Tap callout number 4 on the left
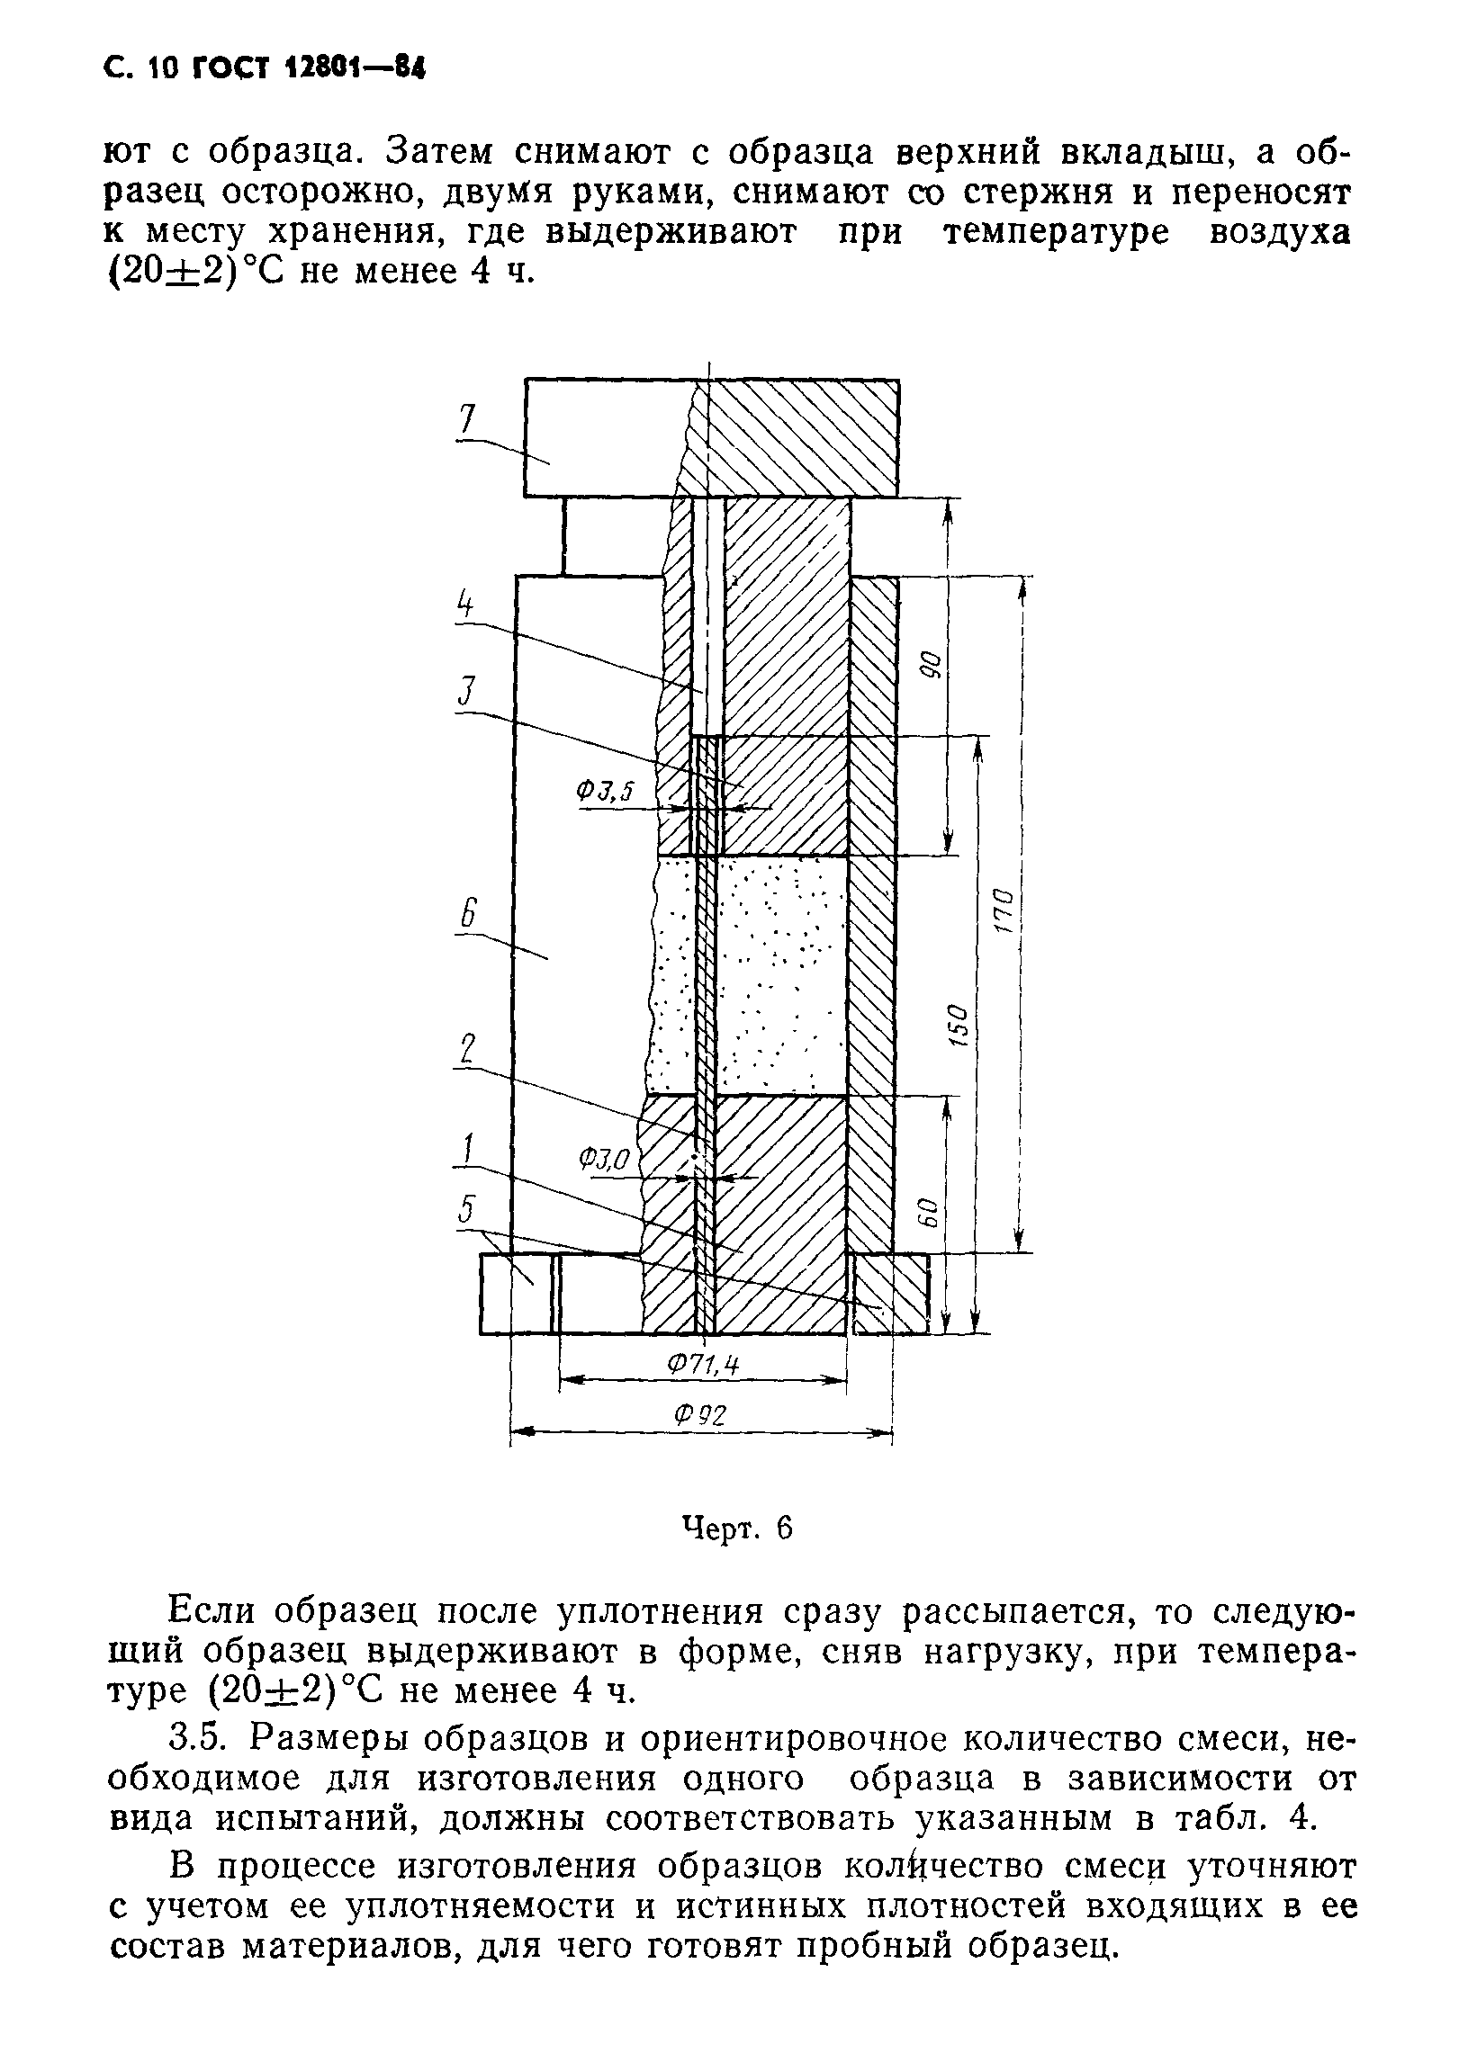(x=465, y=604)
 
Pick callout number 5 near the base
(x=467, y=1209)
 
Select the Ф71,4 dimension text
(x=702, y=1365)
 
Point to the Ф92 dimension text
(x=700, y=1416)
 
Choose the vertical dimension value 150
(x=959, y=1025)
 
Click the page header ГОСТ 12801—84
(x=309, y=69)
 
